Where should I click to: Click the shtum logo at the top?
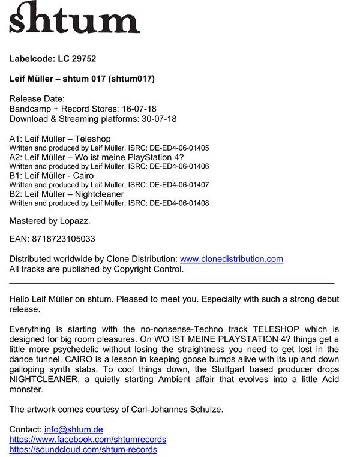(x=74, y=18)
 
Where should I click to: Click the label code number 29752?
(x=83, y=59)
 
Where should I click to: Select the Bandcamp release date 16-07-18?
(x=140, y=109)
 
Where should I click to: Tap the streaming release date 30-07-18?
(x=158, y=119)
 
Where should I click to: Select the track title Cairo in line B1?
(x=83, y=176)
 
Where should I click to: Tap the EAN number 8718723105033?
(x=62, y=239)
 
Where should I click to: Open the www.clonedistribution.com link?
(x=231, y=259)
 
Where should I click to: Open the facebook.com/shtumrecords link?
(x=88, y=440)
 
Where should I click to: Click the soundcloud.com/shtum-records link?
(x=83, y=449)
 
